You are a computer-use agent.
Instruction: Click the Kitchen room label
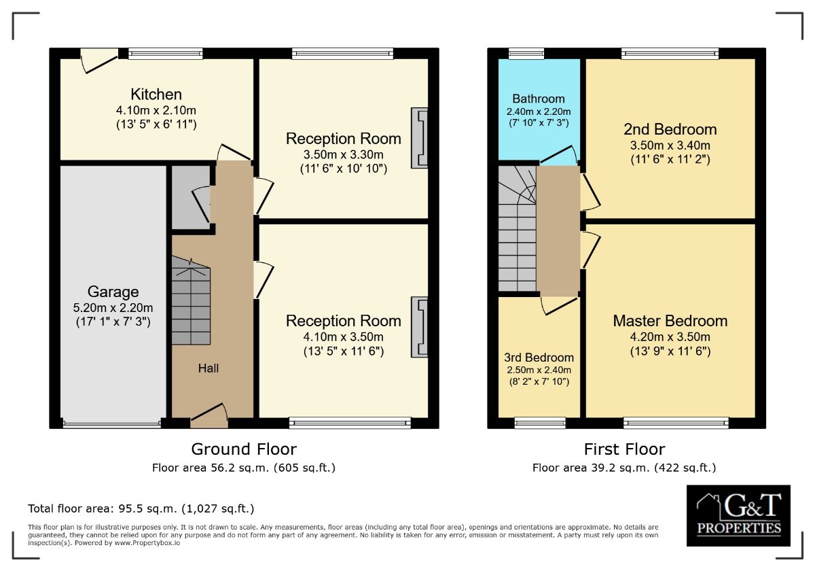click(x=156, y=94)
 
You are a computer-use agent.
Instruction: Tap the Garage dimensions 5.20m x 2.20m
click(x=113, y=308)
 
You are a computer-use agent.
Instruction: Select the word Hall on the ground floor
click(x=208, y=368)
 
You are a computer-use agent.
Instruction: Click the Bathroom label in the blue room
click(x=539, y=99)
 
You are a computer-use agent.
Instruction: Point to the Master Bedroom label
click(x=670, y=321)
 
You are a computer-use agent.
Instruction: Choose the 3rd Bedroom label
click(x=539, y=358)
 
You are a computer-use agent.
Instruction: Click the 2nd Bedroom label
click(x=670, y=129)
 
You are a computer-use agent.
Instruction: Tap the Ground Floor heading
click(x=244, y=449)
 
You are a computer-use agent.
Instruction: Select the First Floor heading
click(x=624, y=449)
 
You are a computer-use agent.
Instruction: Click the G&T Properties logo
click(x=738, y=515)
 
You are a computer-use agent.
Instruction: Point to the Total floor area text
click(x=141, y=508)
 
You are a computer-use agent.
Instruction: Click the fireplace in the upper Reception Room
click(x=420, y=138)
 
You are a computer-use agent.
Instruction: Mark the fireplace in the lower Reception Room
click(x=420, y=327)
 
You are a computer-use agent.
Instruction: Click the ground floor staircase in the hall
click(x=191, y=300)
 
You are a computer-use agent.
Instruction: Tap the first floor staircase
click(x=517, y=228)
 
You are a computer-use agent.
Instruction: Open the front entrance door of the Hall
click(x=209, y=415)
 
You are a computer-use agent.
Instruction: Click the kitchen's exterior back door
click(x=99, y=60)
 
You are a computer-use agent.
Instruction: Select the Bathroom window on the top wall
click(x=526, y=54)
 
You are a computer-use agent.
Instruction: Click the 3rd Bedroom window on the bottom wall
click(x=540, y=422)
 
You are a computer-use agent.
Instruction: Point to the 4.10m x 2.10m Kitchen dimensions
click(x=156, y=110)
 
